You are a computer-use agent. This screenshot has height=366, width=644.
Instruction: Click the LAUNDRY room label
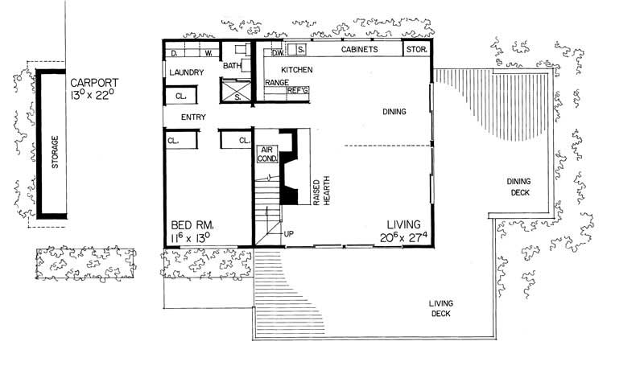(185, 73)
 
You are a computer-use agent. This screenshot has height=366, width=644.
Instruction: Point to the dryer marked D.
(175, 54)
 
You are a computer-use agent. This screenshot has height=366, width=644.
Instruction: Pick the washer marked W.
(208, 54)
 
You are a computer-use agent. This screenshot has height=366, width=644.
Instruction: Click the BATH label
(233, 66)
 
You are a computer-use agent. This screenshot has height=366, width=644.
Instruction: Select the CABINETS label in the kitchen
(359, 50)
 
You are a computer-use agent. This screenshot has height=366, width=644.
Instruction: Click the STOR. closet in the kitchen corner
(415, 50)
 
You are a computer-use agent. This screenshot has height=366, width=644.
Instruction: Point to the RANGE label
(277, 83)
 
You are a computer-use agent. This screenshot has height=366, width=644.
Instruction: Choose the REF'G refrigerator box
(298, 92)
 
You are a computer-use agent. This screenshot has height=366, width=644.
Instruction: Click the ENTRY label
(193, 117)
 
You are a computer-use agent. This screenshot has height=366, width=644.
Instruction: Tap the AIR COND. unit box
(266, 154)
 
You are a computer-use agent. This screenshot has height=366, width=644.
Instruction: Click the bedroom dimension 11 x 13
(190, 237)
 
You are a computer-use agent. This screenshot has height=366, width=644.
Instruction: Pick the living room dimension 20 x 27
(402, 237)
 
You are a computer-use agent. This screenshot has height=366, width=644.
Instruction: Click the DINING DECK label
(518, 187)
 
